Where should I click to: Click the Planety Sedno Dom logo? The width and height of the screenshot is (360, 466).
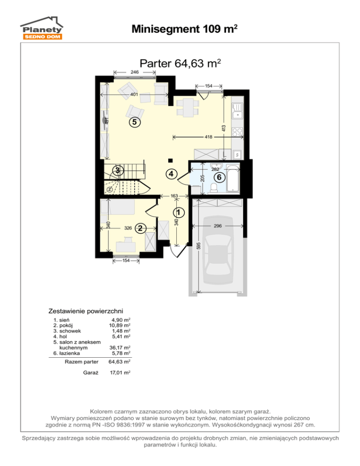pyautogui.click(x=42, y=28)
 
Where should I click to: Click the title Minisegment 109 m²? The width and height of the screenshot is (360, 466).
pyautogui.click(x=184, y=29)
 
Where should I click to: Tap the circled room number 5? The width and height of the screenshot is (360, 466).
pyautogui.click(x=135, y=122)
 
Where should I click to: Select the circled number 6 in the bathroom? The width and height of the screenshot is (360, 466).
pyautogui.click(x=219, y=177)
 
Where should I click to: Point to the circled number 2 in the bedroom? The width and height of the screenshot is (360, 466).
pyautogui.click(x=140, y=228)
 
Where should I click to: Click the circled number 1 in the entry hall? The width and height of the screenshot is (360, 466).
pyautogui.click(x=179, y=212)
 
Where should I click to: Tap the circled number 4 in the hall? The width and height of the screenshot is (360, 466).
pyautogui.click(x=171, y=173)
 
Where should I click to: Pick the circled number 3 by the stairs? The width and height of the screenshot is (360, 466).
pyautogui.click(x=118, y=171)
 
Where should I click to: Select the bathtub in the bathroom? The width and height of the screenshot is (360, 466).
pyautogui.click(x=233, y=178)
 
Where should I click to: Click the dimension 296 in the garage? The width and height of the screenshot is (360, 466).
pyautogui.click(x=217, y=226)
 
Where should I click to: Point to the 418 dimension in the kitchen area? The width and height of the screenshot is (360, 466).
pyautogui.click(x=209, y=137)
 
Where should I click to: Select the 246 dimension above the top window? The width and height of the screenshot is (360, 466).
pyautogui.click(x=135, y=72)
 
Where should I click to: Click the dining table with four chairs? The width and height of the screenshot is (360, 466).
pyautogui.click(x=188, y=107)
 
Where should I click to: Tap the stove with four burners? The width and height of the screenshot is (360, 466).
pyautogui.click(x=238, y=132)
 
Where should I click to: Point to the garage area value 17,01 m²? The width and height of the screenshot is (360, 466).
pyautogui.click(x=120, y=372)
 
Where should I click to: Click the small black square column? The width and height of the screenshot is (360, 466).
pyautogui.click(x=170, y=161)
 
